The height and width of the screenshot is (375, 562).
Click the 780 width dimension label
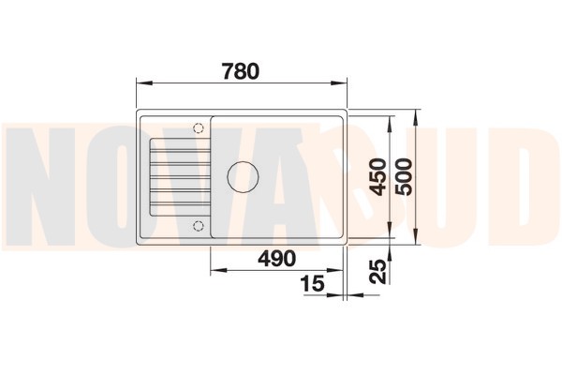[240, 71]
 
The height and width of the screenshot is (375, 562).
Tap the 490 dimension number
[277, 258]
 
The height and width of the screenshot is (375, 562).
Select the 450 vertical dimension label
[378, 177]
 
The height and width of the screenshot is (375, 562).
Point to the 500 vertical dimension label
[405, 177]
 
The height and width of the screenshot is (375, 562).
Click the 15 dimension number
[313, 283]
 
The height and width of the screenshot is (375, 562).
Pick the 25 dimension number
[378, 271]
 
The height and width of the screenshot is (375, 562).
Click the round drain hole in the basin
[243, 176]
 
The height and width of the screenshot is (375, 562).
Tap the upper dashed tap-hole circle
[199, 127]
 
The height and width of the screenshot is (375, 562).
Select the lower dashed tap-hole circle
[199, 226]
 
